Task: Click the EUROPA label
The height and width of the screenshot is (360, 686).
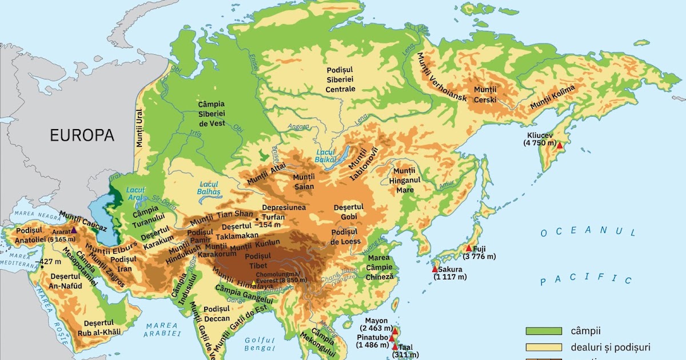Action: point(82,135)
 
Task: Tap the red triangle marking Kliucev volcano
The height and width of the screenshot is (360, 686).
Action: point(560,146)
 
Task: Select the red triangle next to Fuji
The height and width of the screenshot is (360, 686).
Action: point(469,248)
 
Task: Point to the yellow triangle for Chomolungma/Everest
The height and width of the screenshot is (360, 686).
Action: point(254,283)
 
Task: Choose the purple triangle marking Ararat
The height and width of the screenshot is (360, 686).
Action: point(73,230)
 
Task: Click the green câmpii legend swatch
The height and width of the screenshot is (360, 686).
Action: point(544,331)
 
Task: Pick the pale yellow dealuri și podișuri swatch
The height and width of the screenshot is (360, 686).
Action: point(544,347)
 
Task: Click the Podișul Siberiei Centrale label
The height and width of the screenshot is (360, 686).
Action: point(341,79)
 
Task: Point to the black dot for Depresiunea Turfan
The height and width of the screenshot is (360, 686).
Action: point(257,219)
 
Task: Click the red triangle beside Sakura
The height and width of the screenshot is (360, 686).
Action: point(434,269)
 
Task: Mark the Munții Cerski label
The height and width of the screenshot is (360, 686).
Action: point(486,95)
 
